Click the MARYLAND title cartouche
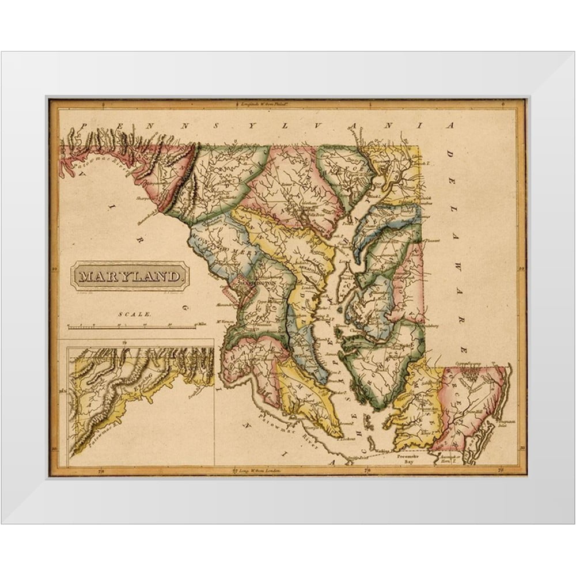[130, 276]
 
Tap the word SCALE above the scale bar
[135, 314]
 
